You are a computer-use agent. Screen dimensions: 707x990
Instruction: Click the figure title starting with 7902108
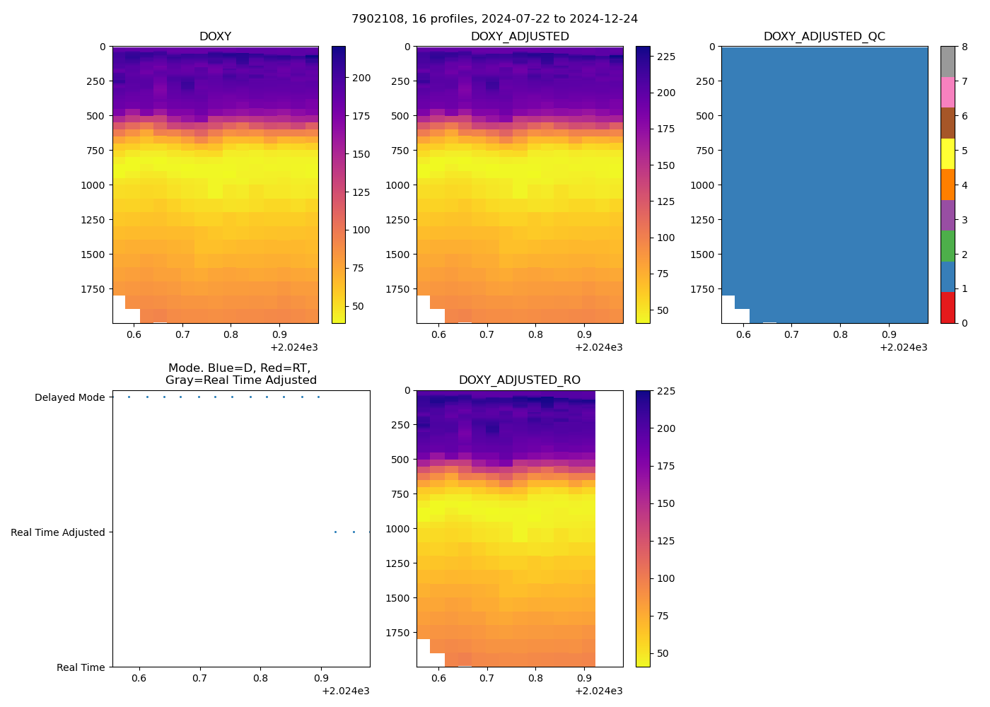coord(494,19)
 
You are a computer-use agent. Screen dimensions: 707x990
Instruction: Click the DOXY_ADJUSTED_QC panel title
coord(824,37)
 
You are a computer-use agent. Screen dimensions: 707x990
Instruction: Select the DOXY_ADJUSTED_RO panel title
coord(519,380)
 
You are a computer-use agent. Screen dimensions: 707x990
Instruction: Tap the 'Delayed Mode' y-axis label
coord(69,397)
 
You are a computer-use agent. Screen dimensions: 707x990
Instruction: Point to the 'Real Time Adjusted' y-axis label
coord(57,532)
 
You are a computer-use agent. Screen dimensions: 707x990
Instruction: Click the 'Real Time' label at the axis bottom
coord(81,667)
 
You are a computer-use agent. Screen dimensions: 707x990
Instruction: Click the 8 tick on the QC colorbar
coord(964,47)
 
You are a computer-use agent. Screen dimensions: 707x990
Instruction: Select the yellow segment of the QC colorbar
coord(948,154)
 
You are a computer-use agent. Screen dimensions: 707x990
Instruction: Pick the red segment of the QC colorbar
coord(948,308)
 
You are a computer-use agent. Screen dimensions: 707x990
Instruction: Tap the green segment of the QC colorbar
coord(948,246)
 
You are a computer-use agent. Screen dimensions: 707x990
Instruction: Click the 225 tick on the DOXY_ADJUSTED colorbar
coord(666,57)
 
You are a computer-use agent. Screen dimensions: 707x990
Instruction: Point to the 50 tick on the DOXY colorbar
coord(359,306)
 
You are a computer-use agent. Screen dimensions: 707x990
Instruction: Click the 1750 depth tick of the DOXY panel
coord(93,289)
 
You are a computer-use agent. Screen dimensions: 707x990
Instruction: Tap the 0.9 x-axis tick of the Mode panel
coord(321,679)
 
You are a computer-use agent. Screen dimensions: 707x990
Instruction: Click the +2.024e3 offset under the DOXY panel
coord(294,347)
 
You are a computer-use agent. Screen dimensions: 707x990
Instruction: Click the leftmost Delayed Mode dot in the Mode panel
coord(129,397)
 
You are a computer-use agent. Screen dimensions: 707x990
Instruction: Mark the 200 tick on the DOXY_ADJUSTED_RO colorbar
coord(666,428)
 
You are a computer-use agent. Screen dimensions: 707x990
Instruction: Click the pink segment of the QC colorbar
coord(948,93)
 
